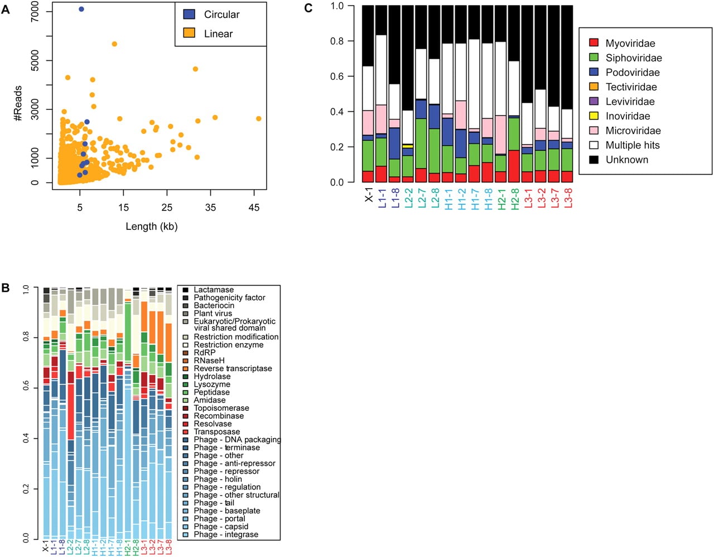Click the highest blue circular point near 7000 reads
click(x=81, y=9)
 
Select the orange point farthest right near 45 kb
click(x=259, y=119)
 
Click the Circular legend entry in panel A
click(x=211, y=15)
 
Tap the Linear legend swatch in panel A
click(x=189, y=33)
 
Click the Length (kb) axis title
click(x=152, y=227)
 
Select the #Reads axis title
click(x=18, y=103)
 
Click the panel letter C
click(x=308, y=8)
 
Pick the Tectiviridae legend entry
click(x=623, y=87)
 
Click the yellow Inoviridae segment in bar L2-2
click(x=408, y=146)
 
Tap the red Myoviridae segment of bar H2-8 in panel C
click(x=514, y=166)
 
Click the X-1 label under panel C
click(x=369, y=195)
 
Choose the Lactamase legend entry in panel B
click(x=208, y=290)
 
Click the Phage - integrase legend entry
click(x=220, y=535)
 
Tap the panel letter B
click(x=5, y=288)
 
